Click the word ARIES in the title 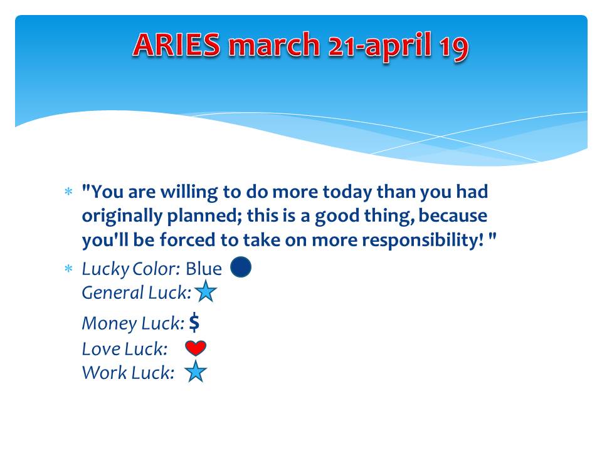(177, 44)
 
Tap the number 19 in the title (454, 47)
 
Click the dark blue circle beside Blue (241, 267)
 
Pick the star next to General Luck (206, 291)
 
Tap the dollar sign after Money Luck (194, 322)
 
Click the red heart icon (196, 348)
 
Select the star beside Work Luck (196, 371)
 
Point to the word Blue (203, 269)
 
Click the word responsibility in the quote (423, 241)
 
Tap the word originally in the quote (122, 217)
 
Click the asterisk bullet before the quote (68, 191)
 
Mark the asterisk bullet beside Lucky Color (68, 269)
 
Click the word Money (109, 323)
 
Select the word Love (100, 349)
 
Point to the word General (112, 293)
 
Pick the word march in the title (274, 45)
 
